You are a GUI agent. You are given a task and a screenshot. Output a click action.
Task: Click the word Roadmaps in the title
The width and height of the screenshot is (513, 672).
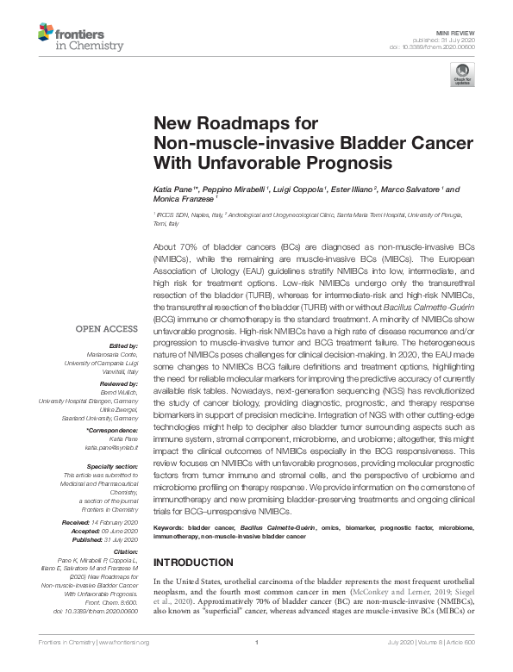[x=230, y=124]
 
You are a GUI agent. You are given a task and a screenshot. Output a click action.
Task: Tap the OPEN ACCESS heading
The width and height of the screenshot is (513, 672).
[x=106, y=329]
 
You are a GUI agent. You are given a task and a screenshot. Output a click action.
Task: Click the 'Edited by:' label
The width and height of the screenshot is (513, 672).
[x=121, y=344]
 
